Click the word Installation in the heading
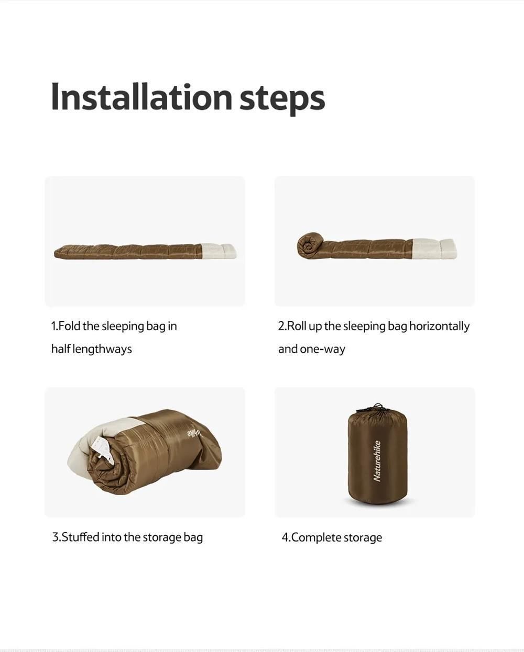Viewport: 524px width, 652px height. pos(141,97)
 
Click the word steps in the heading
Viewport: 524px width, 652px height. pos(282,99)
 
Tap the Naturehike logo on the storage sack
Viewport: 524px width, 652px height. pos(377,461)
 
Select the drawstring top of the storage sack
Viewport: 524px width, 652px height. pos(377,408)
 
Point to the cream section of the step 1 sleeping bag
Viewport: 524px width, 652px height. pos(219,251)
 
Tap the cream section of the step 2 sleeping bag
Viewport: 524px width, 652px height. pos(434,249)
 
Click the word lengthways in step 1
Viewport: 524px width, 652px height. pos(102,349)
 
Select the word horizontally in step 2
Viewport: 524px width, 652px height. pos(439,327)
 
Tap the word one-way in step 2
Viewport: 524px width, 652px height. pos(323,350)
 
